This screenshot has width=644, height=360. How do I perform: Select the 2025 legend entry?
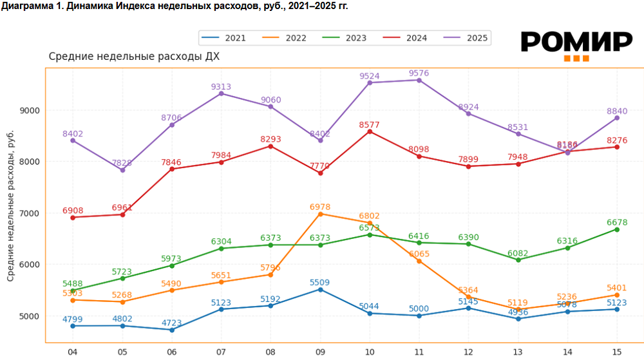468,38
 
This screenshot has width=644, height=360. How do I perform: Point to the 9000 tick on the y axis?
31,110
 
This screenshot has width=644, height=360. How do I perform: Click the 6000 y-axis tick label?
31,265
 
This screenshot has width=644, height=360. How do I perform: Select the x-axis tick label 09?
320,352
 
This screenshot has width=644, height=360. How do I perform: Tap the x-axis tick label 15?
616,352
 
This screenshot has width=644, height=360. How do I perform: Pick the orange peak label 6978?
320,207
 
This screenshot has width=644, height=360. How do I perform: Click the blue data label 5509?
320,282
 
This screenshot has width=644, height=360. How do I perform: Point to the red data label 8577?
370,124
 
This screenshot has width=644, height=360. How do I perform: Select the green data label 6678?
616,222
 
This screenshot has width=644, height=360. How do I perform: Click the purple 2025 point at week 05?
122,170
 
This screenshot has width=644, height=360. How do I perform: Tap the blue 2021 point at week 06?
172,330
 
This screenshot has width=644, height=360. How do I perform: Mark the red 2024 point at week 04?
73,217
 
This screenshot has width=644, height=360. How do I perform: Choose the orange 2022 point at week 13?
518,309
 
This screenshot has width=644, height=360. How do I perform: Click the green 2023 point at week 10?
370,234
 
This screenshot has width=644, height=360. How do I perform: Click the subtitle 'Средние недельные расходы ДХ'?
134,57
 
